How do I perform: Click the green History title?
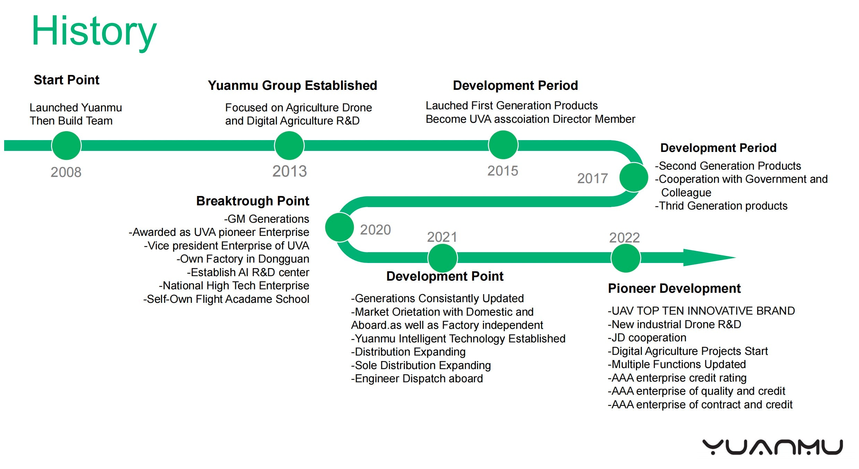[x=94, y=32]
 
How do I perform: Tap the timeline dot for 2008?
[x=66, y=146]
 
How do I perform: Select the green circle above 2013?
[x=289, y=146]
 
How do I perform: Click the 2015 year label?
[x=503, y=171]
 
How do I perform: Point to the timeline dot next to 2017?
[x=634, y=177]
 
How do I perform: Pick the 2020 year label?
[x=375, y=230]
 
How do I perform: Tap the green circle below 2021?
[x=443, y=258]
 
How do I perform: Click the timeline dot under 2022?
[x=626, y=258]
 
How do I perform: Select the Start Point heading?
[x=67, y=80]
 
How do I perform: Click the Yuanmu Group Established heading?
[x=292, y=85]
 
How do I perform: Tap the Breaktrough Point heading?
[x=253, y=201]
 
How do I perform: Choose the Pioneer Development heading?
[x=674, y=288]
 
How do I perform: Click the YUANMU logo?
[x=773, y=447]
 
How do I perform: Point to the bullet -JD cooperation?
[x=647, y=338]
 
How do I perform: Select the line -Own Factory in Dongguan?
[x=243, y=259]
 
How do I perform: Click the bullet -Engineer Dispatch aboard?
[x=417, y=378]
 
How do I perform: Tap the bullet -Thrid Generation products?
[x=721, y=206]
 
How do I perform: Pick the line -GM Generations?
[x=266, y=219]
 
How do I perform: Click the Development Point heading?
[x=445, y=276]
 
